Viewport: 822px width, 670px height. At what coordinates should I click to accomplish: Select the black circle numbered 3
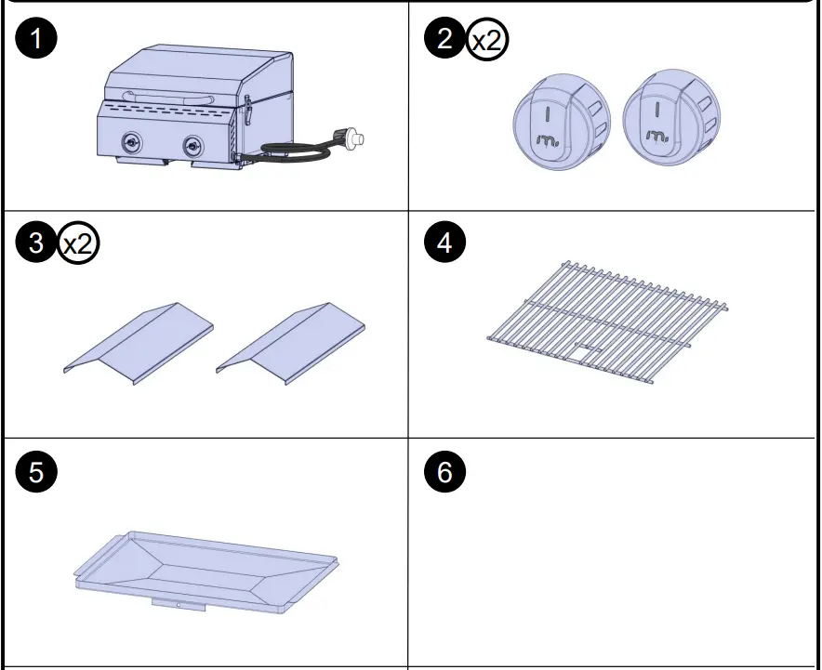click(x=37, y=244)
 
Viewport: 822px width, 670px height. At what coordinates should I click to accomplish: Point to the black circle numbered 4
click(x=444, y=244)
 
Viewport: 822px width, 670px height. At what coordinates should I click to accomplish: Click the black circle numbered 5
click(x=37, y=472)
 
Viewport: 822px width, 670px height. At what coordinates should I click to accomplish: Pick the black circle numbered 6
click(x=444, y=472)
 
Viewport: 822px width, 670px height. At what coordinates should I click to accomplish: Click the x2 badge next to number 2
click(x=487, y=41)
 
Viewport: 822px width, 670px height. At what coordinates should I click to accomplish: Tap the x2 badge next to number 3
click(x=79, y=245)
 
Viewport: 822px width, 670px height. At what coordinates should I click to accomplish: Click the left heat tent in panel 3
click(x=139, y=341)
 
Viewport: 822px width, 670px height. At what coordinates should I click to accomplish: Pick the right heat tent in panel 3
click(x=291, y=341)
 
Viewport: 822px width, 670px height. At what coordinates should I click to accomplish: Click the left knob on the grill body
click(x=132, y=144)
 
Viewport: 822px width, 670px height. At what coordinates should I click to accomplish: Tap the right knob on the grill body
click(x=192, y=146)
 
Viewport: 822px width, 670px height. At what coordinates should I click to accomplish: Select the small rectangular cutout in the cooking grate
click(x=585, y=351)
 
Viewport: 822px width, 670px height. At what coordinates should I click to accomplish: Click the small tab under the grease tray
click(x=178, y=605)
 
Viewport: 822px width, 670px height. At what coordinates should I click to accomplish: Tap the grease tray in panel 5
click(x=206, y=567)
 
